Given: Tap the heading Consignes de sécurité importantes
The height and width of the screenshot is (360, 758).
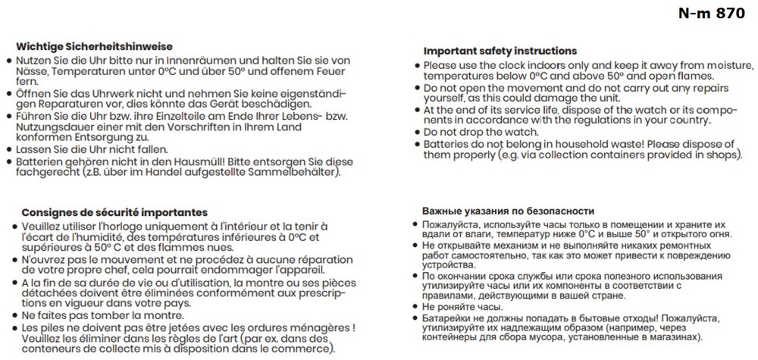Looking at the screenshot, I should [x=114, y=213].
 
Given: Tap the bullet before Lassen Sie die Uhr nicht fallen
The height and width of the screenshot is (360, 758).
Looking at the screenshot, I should [x=8, y=150].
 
